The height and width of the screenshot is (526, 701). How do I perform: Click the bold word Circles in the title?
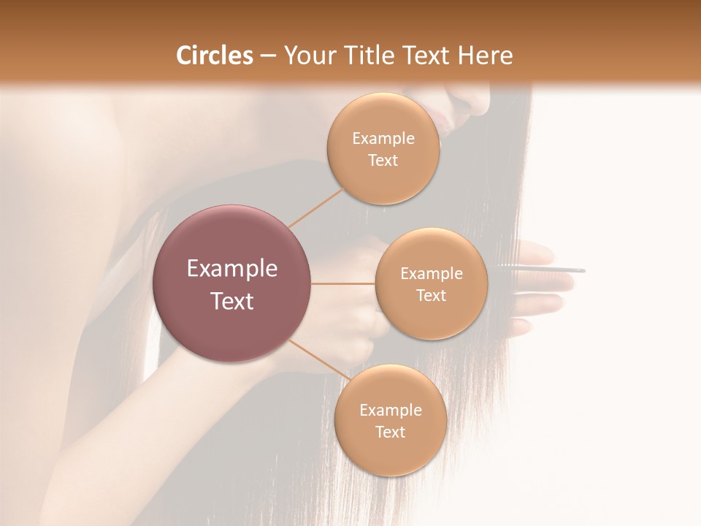click(x=214, y=56)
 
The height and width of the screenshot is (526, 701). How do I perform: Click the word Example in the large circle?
click(x=232, y=269)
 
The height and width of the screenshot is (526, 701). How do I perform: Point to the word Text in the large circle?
click(x=232, y=301)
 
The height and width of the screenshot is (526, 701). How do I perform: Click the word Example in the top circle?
click(x=383, y=139)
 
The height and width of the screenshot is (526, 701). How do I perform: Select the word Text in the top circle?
click(x=383, y=161)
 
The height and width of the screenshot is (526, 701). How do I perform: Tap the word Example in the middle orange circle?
click(x=431, y=274)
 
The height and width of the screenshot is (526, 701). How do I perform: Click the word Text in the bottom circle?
click(x=390, y=432)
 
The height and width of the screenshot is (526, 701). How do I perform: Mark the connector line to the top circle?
click(x=315, y=207)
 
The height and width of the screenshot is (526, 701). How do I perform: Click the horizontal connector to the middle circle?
click(x=343, y=283)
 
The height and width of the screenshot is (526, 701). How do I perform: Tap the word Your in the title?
click(x=307, y=56)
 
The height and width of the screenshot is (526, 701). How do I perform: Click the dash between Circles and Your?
click(x=268, y=56)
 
